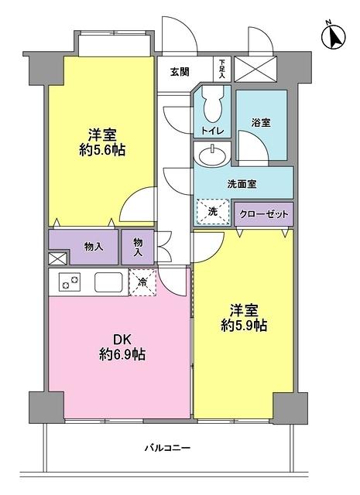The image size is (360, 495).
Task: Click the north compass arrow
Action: tap(335, 36)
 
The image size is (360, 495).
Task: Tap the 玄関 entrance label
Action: tap(179, 71)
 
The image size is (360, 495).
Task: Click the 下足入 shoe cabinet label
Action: tap(222, 69)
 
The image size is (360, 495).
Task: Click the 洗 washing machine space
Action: tap(212, 212)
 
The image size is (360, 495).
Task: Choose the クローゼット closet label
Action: tap(264, 214)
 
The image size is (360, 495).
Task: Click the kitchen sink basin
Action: tap(108, 282)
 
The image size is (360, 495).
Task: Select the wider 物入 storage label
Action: tap(93, 247)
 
